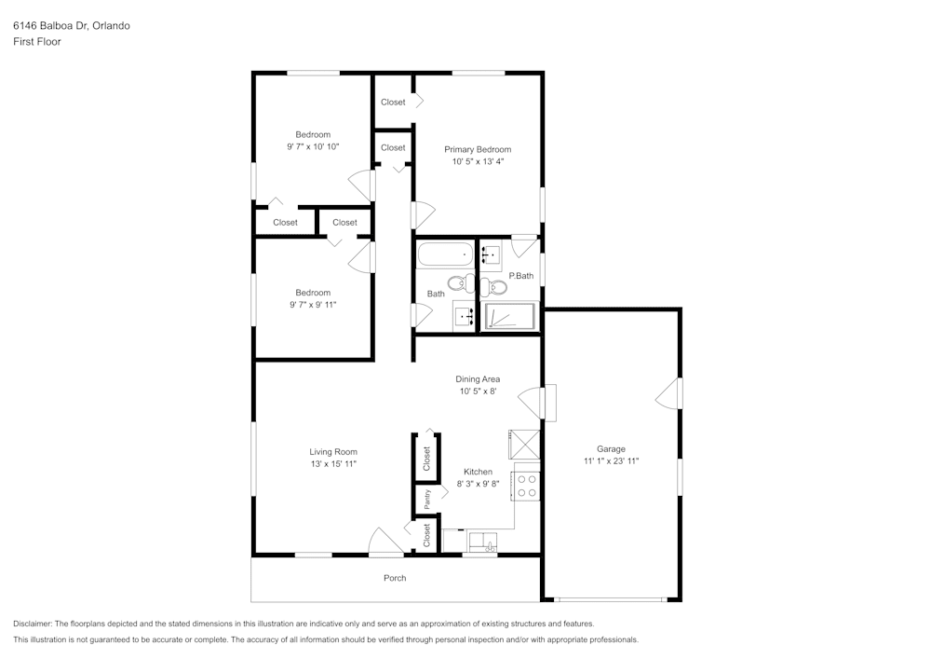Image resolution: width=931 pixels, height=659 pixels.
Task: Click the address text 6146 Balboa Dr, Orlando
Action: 72,25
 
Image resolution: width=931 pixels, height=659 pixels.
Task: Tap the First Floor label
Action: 37,42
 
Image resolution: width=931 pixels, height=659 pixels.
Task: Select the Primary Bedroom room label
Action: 478,149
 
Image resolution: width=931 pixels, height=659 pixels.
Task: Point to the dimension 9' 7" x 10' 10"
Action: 313,146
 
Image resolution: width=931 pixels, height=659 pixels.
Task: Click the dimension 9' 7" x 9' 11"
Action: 313,304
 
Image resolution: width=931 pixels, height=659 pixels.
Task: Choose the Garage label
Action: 611,448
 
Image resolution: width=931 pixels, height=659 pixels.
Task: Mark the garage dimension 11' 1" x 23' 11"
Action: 611,460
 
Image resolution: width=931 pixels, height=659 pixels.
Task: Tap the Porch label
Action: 395,578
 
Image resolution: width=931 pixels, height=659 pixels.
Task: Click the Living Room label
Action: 333,452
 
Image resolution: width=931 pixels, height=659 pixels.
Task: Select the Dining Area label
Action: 478,378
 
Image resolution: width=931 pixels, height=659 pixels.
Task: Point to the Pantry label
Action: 427,499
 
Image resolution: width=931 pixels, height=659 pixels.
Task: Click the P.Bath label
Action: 520,276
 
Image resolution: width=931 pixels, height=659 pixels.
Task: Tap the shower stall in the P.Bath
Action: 510,317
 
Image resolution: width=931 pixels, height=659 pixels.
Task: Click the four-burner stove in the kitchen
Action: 527,485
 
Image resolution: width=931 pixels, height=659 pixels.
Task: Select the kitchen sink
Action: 483,543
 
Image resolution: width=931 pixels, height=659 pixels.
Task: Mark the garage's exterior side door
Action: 670,393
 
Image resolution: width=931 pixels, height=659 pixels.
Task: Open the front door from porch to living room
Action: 385,544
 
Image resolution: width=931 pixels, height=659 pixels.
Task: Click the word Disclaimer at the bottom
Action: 33,624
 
